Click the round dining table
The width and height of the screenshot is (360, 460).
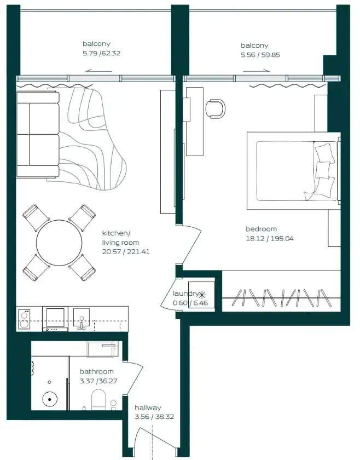(59, 243)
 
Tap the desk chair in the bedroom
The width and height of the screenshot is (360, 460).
(216, 108)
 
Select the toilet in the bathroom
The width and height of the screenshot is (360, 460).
(98, 400)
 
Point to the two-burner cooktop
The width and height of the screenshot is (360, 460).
(24, 319)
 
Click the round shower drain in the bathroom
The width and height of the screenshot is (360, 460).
(50, 399)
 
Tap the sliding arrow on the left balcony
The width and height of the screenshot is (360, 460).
(99, 71)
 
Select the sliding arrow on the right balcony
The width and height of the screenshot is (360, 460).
(256, 71)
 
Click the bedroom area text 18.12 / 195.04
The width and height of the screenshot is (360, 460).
(269, 239)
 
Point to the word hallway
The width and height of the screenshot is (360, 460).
(148, 407)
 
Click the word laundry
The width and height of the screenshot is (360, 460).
(185, 294)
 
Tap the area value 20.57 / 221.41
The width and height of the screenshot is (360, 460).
(126, 252)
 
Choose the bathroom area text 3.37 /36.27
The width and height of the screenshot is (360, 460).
(98, 381)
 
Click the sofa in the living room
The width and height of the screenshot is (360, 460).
(38, 135)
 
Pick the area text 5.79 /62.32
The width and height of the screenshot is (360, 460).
(101, 54)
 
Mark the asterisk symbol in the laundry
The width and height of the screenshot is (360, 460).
(202, 294)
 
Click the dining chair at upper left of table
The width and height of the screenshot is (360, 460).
(36, 218)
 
